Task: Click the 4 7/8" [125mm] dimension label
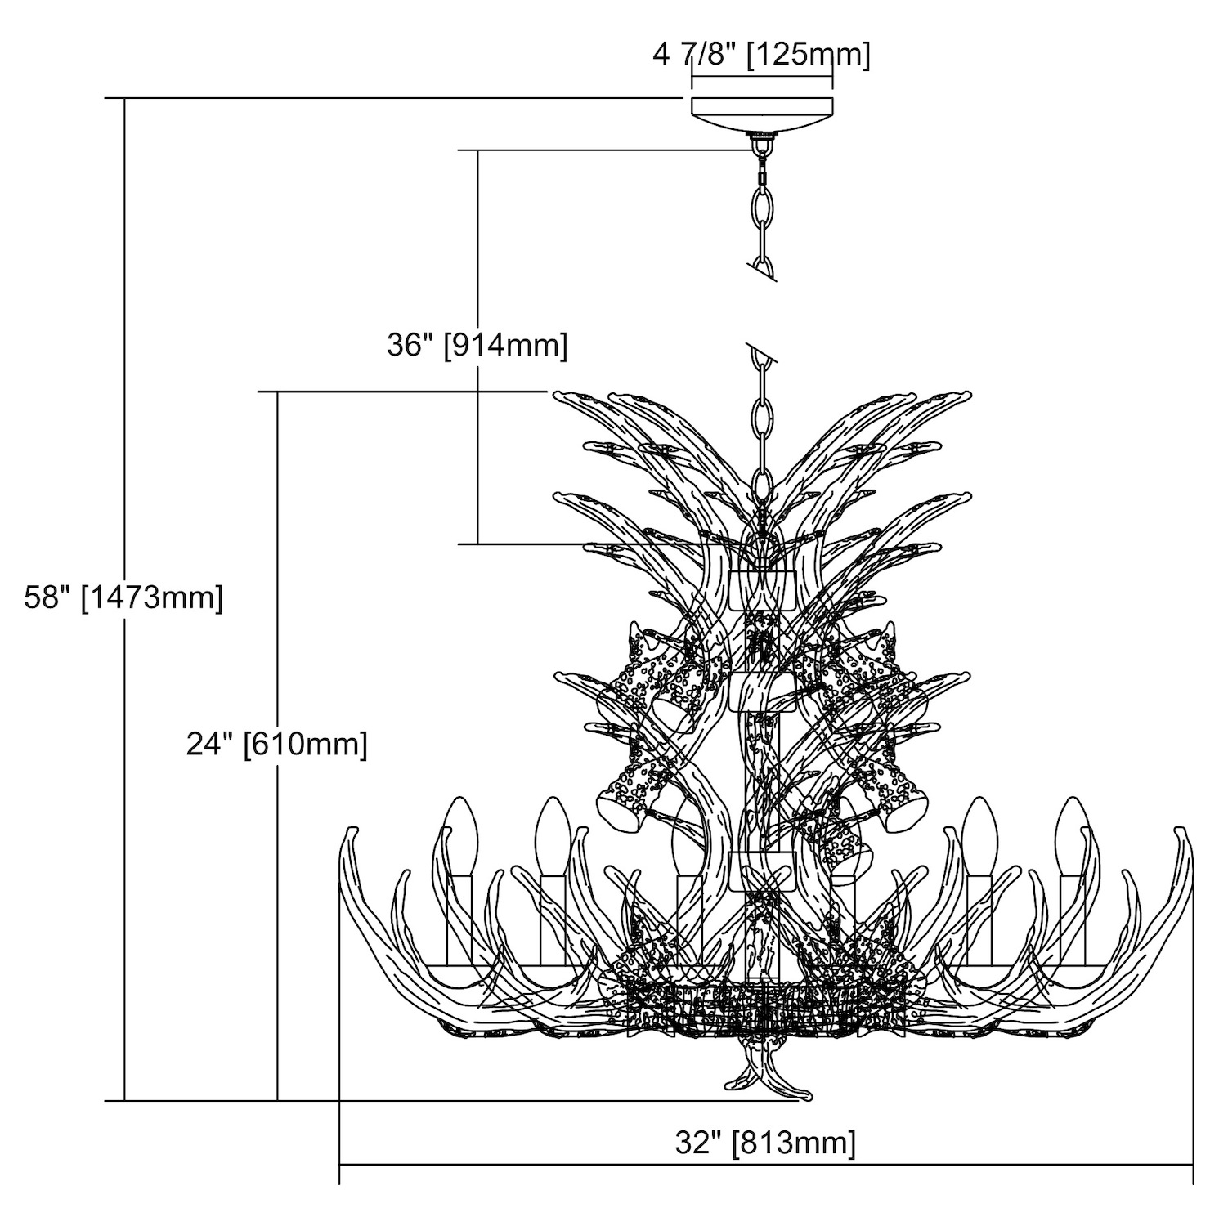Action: coord(761,56)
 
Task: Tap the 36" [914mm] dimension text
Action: coord(477,345)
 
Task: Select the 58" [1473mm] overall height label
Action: coord(123,597)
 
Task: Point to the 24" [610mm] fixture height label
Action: coord(276,745)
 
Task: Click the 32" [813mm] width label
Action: coord(766,1141)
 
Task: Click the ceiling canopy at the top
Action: coord(762,115)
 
